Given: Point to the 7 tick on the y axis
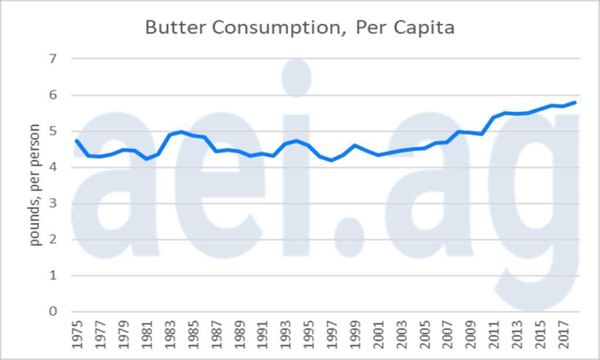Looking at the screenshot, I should [53, 59].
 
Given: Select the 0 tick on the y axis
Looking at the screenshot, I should [53, 311].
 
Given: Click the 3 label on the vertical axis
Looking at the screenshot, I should [53, 203].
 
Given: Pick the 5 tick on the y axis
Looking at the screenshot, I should [53, 131].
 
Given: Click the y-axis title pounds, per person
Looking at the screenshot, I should [35, 185].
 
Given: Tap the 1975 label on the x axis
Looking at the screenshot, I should [77, 334].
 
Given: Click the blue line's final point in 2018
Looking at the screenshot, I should [575, 102].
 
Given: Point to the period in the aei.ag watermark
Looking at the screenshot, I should [350, 237].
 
